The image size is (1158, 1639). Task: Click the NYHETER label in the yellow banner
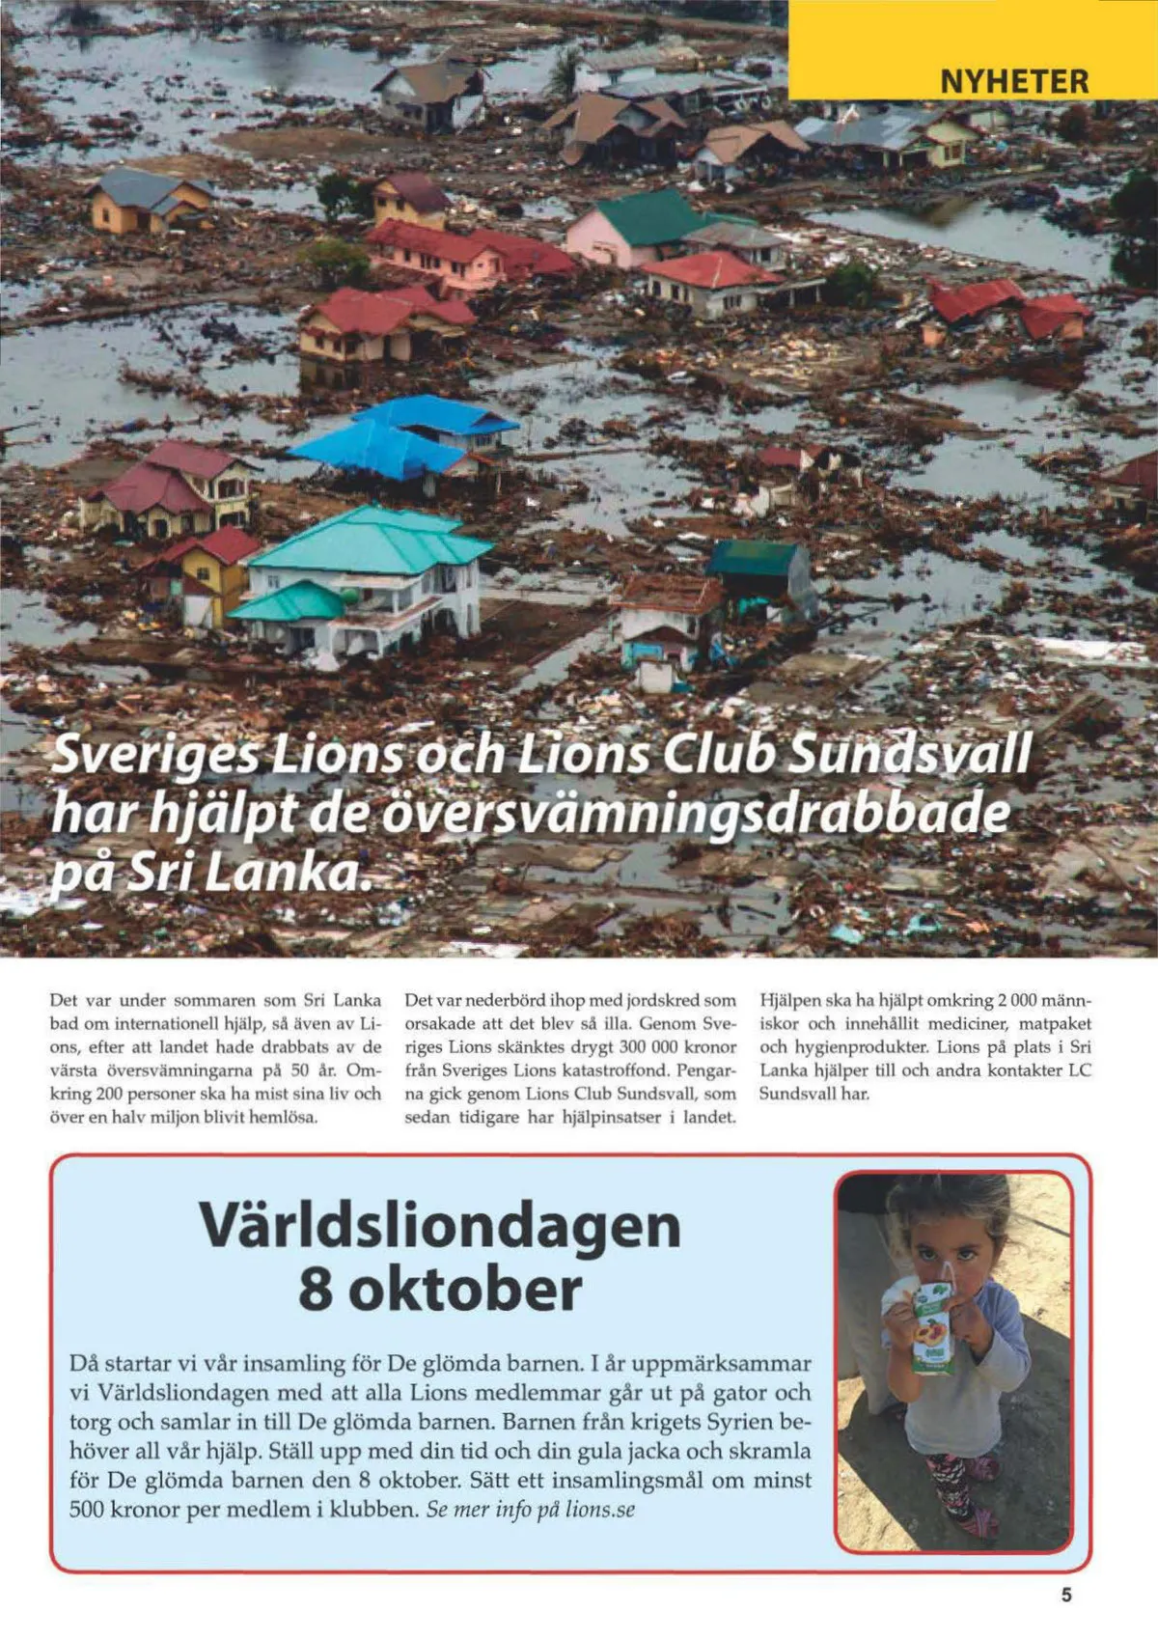pyautogui.click(x=1014, y=81)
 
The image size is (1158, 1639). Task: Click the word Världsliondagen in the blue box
pyautogui.click(x=440, y=1226)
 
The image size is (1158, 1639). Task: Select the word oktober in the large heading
pyautogui.click(x=465, y=1290)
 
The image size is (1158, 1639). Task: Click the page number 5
pyautogui.click(x=1066, y=1596)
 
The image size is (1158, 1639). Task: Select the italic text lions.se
pyautogui.click(x=600, y=1510)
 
